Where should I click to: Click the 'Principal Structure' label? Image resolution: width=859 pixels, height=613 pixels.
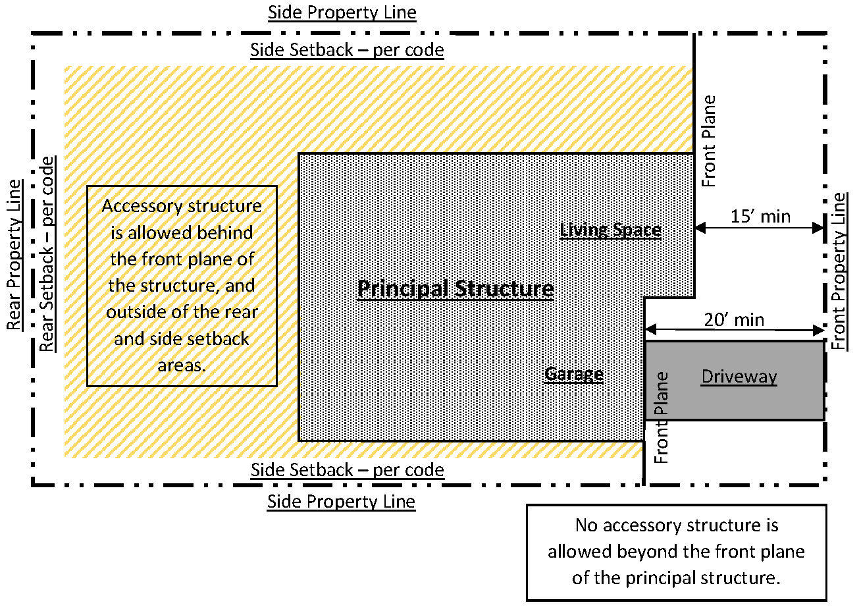(x=455, y=289)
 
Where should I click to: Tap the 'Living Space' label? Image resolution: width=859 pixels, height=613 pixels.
(x=610, y=230)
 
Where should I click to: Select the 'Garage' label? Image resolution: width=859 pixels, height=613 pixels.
(x=574, y=374)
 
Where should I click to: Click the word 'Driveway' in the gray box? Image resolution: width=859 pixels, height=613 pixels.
(x=739, y=377)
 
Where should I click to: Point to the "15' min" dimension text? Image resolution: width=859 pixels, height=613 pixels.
(x=760, y=216)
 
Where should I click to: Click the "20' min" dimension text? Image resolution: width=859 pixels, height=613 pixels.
(x=734, y=320)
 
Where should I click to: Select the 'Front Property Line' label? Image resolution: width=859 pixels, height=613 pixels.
(x=839, y=271)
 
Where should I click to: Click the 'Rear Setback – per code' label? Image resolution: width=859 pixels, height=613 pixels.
(x=47, y=254)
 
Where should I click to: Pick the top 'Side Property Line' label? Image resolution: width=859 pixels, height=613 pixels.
(x=342, y=13)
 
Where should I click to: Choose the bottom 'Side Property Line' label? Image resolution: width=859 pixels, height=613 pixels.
(x=341, y=502)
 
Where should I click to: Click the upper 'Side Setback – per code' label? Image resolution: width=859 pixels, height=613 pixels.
(x=347, y=50)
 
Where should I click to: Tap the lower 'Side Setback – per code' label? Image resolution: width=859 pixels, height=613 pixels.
(x=347, y=470)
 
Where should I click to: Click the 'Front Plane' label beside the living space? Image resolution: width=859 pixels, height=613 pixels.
(x=708, y=142)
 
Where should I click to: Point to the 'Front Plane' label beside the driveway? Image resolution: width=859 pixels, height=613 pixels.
(x=662, y=417)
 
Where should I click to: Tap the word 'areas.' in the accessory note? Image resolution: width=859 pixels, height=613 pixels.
(x=182, y=365)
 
